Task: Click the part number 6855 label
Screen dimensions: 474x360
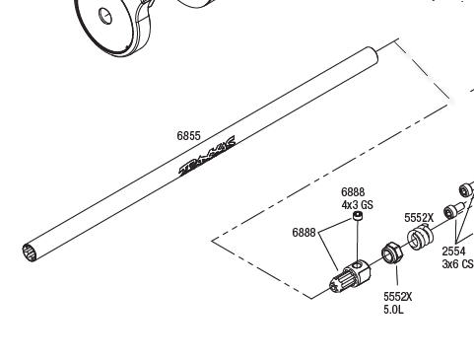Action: pos(188,136)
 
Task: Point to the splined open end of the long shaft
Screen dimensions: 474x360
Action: pos(29,252)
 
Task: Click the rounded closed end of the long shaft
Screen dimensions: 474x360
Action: pos(372,54)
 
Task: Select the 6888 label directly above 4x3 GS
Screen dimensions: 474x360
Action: pos(353,192)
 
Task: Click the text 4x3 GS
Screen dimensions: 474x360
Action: pos(358,205)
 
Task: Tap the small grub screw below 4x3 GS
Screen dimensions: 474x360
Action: pos(358,216)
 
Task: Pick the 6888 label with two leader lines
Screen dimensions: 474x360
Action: pos(304,233)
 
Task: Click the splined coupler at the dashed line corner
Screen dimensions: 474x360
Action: pos(350,276)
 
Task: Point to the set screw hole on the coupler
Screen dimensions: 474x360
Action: pos(357,264)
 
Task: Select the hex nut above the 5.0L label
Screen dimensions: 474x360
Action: pos(391,252)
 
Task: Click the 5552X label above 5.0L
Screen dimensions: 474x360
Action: pos(398,297)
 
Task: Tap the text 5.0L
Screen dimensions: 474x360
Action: pos(393,310)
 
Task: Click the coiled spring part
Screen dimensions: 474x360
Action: pos(420,238)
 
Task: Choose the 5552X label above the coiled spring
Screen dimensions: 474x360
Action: pos(419,218)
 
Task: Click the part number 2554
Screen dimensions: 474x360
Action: pos(453,252)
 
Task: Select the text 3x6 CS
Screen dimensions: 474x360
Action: pos(458,263)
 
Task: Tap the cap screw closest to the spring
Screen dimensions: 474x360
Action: pos(453,211)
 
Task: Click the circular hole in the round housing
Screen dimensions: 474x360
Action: pos(105,16)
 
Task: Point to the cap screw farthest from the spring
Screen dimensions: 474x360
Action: pos(466,189)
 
